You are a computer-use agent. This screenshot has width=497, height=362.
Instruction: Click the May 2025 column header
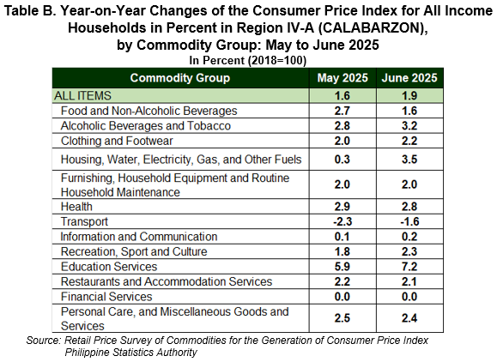pyautogui.click(x=342, y=78)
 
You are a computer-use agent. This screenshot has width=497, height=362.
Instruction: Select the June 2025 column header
pyautogui.click(x=409, y=78)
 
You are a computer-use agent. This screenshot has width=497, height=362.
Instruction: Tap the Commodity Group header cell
pyautogui.click(x=180, y=78)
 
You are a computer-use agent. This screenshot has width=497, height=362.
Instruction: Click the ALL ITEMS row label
pyautogui.click(x=82, y=95)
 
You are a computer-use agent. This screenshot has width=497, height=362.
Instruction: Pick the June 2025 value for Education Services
pyautogui.click(x=409, y=267)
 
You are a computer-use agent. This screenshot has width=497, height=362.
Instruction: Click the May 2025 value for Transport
pyautogui.click(x=342, y=221)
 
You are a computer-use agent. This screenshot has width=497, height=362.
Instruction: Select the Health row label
pyautogui.click(x=76, y=207)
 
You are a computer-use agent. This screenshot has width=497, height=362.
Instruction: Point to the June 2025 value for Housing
pyautogui.click(x=409, y=159)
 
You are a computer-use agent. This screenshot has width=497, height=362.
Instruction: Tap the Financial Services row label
pyautogui.click(x=106, y=297)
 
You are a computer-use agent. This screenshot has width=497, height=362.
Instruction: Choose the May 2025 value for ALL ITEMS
pyautogui.click(x=342, y=95)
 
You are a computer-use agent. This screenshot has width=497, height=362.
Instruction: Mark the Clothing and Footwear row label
pyautogui.click(x=117, y=141)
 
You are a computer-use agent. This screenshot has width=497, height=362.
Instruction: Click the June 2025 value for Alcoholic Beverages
pyautogui.click(x=409, y=126)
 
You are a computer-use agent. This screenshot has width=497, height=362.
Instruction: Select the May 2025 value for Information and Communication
pyautogui.click(x=342, y=237)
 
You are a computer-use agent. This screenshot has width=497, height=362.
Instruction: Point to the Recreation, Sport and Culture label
pyautogui.click(x=134, y=252)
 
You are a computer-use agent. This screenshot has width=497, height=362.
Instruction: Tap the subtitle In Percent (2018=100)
pyautogui.click(x=248, y=60)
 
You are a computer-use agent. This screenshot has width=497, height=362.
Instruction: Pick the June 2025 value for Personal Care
pyautogui.click(x=409, y=318)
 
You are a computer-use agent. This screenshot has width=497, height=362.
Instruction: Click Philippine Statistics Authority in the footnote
pyautogui.click(x=131, y=353)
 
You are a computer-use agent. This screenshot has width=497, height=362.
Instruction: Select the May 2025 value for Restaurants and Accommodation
pyautogui.click(x=342, y=281)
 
